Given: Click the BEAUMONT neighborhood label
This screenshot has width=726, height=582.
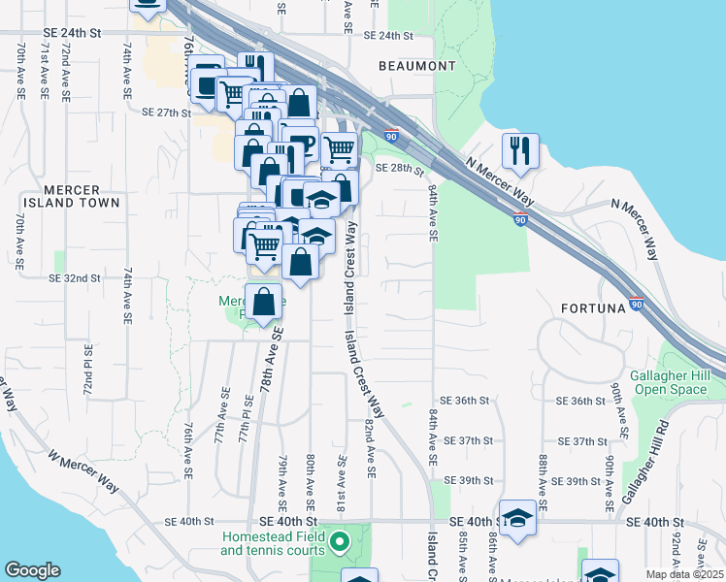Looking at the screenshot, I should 417,66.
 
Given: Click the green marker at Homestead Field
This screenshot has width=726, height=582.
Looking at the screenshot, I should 339,541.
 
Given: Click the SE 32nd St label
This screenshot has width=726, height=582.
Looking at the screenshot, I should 75,277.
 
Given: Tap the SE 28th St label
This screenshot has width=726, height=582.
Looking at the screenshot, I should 401,169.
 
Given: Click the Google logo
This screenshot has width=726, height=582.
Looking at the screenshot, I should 31,570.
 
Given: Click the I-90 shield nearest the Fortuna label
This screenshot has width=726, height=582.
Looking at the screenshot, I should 636,303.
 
